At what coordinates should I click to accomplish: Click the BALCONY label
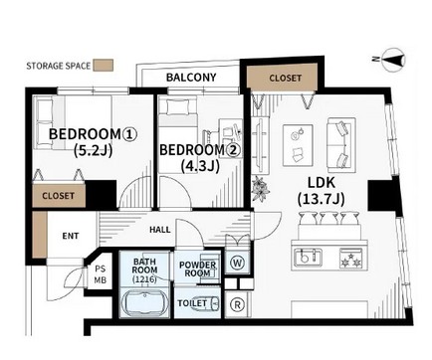click(191, 78)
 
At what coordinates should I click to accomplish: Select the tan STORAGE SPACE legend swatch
click(104, 65)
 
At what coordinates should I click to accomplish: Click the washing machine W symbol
click(238, 263)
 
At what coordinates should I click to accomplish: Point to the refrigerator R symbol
click(238, 304)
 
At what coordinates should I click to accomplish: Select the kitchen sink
click(308, 258)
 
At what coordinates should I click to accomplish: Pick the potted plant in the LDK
click(260, 189)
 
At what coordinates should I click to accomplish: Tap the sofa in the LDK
click(341, 145)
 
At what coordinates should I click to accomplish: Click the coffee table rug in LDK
click(298, 145)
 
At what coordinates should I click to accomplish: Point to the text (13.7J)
click(321, 199)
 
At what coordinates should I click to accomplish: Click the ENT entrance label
click(71, 236)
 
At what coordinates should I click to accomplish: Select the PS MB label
click(100, 274)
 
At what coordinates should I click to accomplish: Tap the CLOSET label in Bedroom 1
click(58, 196)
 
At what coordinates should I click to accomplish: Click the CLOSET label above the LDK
click(286, 79)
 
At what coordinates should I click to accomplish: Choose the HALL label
click(160, 230)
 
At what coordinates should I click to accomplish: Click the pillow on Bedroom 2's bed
click(176, 107)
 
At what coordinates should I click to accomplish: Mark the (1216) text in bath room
click(144, 279)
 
